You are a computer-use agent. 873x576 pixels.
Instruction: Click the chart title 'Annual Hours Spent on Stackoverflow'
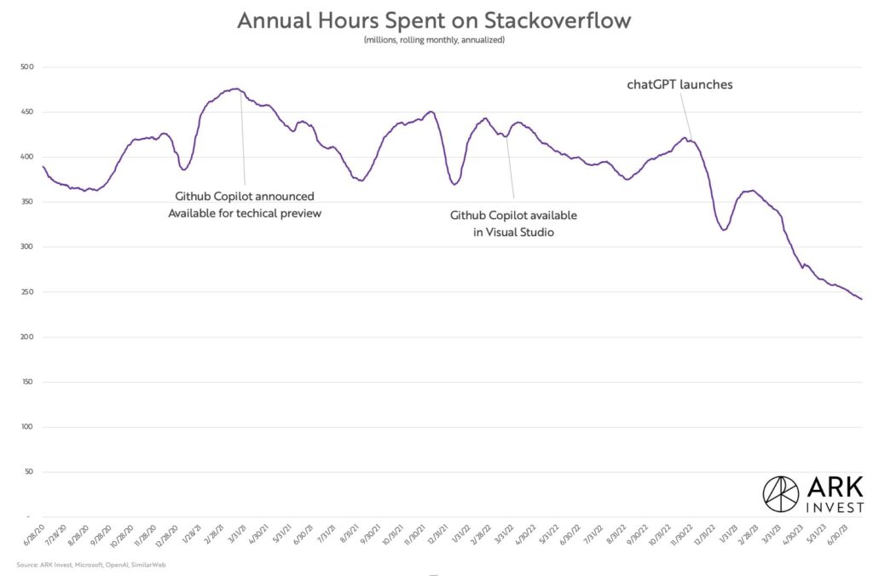[435, 20]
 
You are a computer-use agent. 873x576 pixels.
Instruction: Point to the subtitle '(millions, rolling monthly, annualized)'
[435, 40]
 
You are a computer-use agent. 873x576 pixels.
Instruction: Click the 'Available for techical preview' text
[245, 213]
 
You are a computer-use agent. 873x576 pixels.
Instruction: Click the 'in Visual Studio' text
[513, 233]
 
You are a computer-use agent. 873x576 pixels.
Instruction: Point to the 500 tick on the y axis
[26, 67]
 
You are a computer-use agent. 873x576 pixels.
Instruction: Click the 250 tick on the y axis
[26, 292]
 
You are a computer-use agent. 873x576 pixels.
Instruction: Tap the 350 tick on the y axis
[26, 202]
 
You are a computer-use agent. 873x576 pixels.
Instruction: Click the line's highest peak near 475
[234, 89]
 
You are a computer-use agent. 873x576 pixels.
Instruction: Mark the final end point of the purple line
[862, 299]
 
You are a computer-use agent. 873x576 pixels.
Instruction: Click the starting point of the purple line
[43, 166]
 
